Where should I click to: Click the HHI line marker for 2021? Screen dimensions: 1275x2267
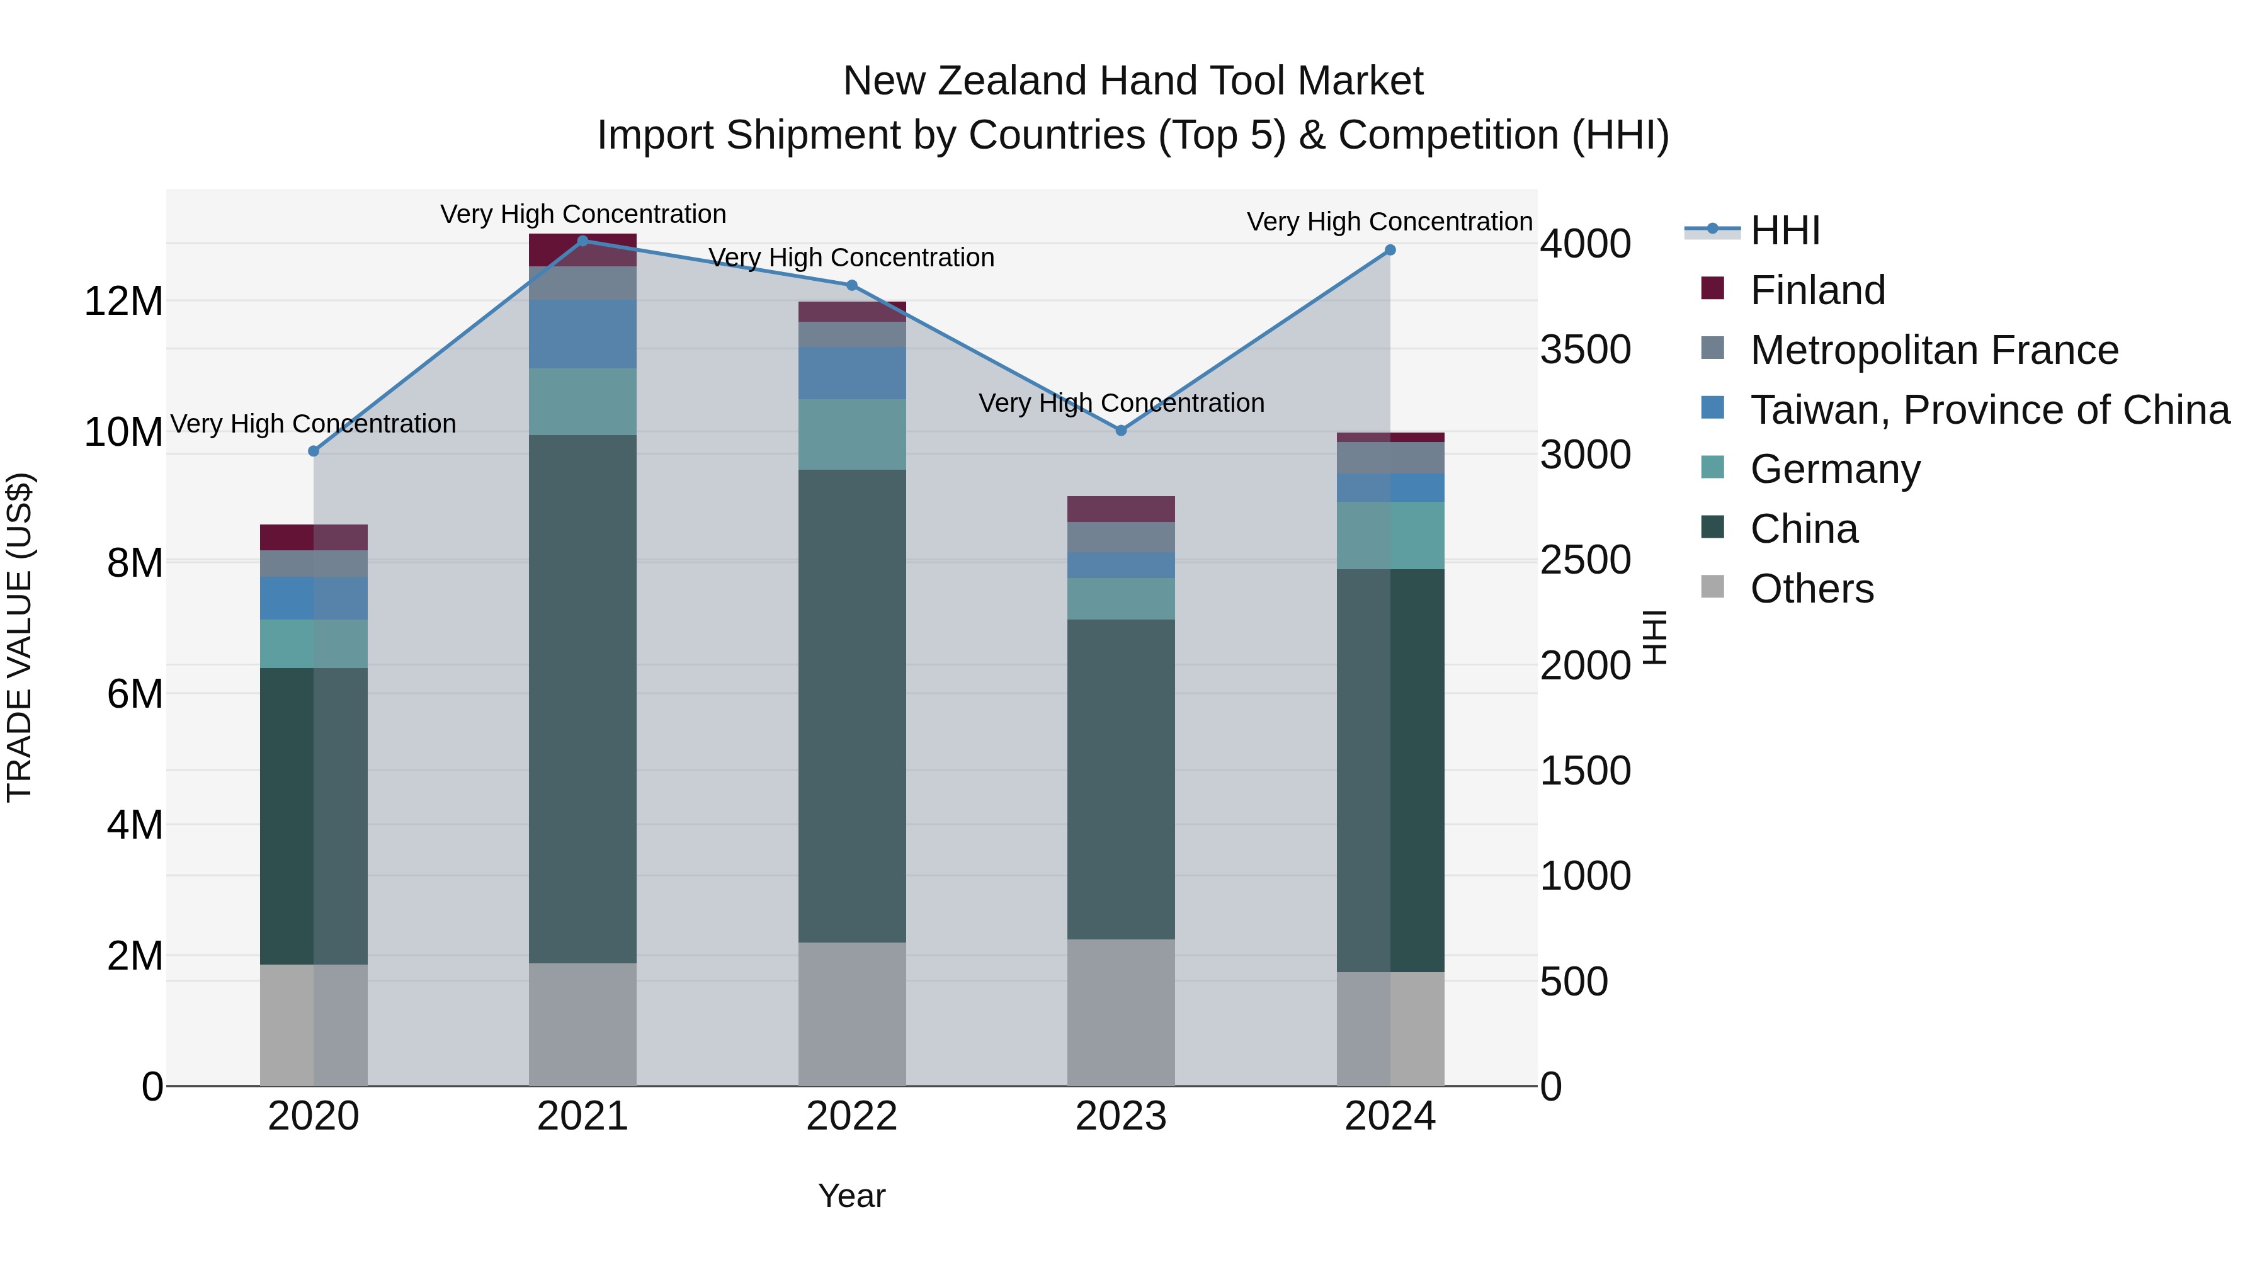click(582, 241)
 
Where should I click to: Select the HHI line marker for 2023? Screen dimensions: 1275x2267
click(1120, 430)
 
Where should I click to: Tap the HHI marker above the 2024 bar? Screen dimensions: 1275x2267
click(1390, 250)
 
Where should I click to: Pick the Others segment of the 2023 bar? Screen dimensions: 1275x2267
click(1120, 1012)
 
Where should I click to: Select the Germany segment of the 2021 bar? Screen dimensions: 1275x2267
click(582, 401)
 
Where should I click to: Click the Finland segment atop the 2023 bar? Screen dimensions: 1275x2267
click(1120, 509)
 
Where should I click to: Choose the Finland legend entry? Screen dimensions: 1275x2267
click(1817, 290)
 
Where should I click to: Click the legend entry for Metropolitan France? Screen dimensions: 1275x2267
click(1933, 350)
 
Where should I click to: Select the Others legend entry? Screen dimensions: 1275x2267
click(1811, 589)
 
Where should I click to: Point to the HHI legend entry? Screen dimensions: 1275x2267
click(1785, 230)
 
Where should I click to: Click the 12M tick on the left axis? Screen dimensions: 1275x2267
click(123, 302)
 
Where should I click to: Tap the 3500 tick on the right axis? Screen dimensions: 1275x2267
click(1585, 349)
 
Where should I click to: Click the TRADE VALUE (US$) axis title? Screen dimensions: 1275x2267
click(20, 637)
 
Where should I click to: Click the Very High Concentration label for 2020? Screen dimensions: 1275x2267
click(314, 424)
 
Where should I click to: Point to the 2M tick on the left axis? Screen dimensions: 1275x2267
click(134, 956)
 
